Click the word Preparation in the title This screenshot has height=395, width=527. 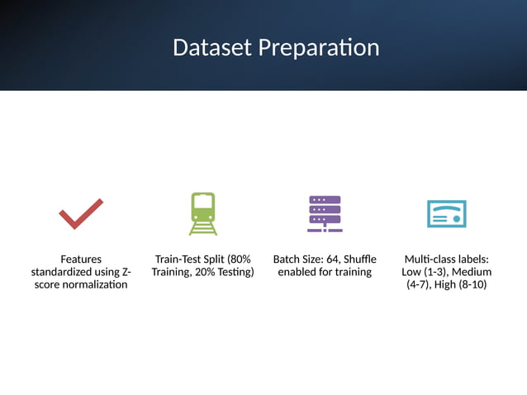coord(319,48)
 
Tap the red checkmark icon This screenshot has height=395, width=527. coord(81,213)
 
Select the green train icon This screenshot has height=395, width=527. coord(202,213)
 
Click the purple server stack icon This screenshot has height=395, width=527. coord(325,213)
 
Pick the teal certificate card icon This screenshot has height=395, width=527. coord(446,213)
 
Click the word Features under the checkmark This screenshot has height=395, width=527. coord(81,259)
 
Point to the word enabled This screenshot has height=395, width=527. coord(298,272)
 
